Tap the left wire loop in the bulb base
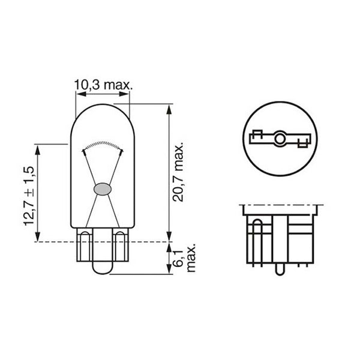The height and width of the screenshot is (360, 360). tap(86, 239)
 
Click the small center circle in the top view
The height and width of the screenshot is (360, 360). tap(278, 140)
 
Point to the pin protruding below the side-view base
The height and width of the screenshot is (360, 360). tap(278, 269)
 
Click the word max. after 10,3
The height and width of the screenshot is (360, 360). tap(116, 86)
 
